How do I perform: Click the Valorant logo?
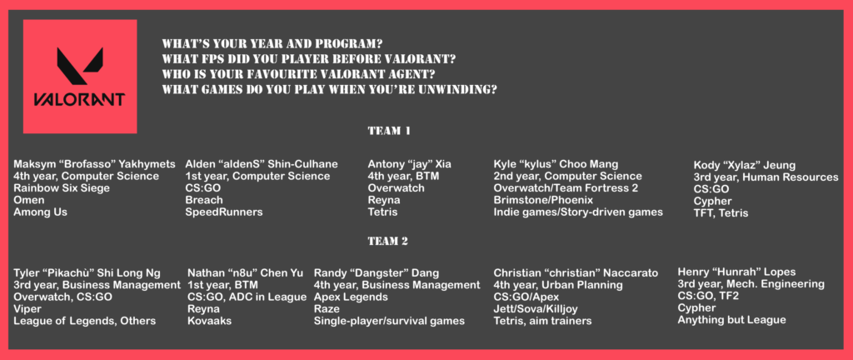point(80,77)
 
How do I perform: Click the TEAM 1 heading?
point(389,131)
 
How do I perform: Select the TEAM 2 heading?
point(388,241)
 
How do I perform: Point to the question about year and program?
point(277,43)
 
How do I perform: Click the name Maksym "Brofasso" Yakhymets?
point(95,164)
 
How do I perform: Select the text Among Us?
point(40,212)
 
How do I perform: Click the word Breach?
point(204,200)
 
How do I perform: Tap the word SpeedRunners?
point(224,212)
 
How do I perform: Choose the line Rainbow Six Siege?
point(62,188)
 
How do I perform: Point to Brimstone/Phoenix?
point(543,200)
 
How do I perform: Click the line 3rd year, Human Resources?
point(766,177)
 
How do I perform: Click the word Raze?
point(327,309)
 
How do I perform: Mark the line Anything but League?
point(731,320)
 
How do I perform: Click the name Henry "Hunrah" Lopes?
point(736,272)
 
